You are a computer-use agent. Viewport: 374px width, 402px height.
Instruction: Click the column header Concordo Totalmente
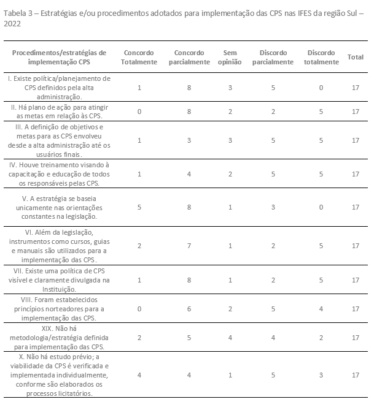(x=139, y=57)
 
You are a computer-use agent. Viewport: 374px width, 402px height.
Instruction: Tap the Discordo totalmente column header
(x=321, y=57)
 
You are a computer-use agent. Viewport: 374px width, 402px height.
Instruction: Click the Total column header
(x=356, y=57)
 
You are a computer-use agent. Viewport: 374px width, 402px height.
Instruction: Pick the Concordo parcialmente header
(x=189, y=57)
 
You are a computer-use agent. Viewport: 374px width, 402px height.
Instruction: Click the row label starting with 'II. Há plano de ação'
(x=59, y=111)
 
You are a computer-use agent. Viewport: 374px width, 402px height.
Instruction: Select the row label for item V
(x=59, y=207)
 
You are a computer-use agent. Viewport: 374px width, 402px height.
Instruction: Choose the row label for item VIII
(x=59, y=308)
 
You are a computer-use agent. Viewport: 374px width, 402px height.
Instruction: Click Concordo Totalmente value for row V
(x=139, y=207)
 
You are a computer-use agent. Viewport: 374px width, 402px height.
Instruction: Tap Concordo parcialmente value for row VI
(x=189, y=246)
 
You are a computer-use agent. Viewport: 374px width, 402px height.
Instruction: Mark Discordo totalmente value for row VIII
(x=321, y=308)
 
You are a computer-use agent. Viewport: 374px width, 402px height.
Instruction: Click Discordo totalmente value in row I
(x=321, y=88)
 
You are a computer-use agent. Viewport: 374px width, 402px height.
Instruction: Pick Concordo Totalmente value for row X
(x=139, y=374)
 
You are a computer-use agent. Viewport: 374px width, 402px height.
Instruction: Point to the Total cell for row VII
(x=356, y=280)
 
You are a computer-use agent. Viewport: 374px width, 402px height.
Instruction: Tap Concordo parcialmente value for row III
(x=189, y=140)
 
